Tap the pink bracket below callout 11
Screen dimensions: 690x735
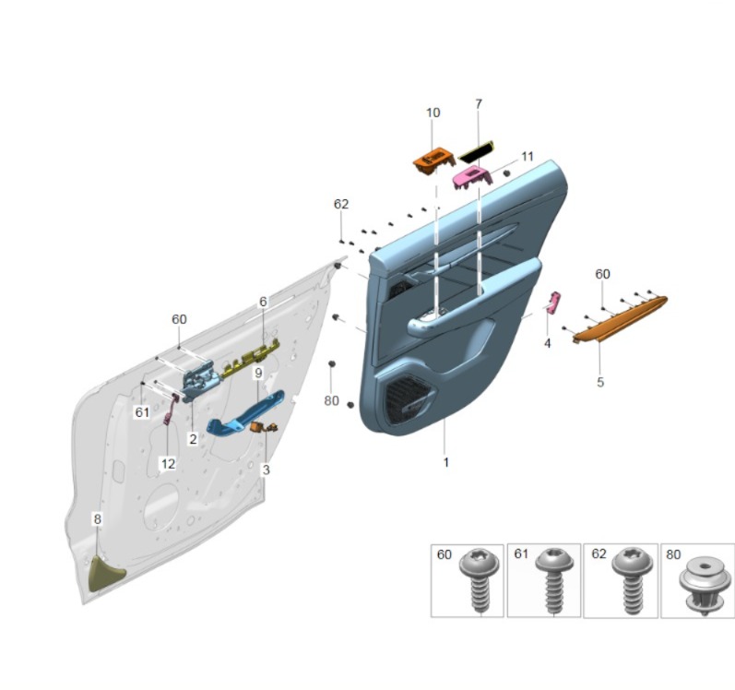click(x=471, y=176)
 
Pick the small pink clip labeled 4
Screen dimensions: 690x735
click(x=554, y=303)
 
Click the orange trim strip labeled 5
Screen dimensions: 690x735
click(x=621, y=317)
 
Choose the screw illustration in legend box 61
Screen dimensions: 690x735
click(x=553, y=581)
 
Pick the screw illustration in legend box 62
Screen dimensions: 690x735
click(x=630, y=581)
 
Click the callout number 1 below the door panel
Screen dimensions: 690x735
click(x=445, y=462)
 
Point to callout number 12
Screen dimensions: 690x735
click(x=168, y=464)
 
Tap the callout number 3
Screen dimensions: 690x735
click(x=267, y=470)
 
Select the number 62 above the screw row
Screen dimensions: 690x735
click(x=341, y=203)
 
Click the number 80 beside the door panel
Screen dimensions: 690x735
click(x=332, y=400)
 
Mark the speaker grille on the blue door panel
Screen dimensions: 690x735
click(x=406, y=403)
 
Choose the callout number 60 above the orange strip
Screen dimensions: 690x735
click(x=602, y=274)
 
